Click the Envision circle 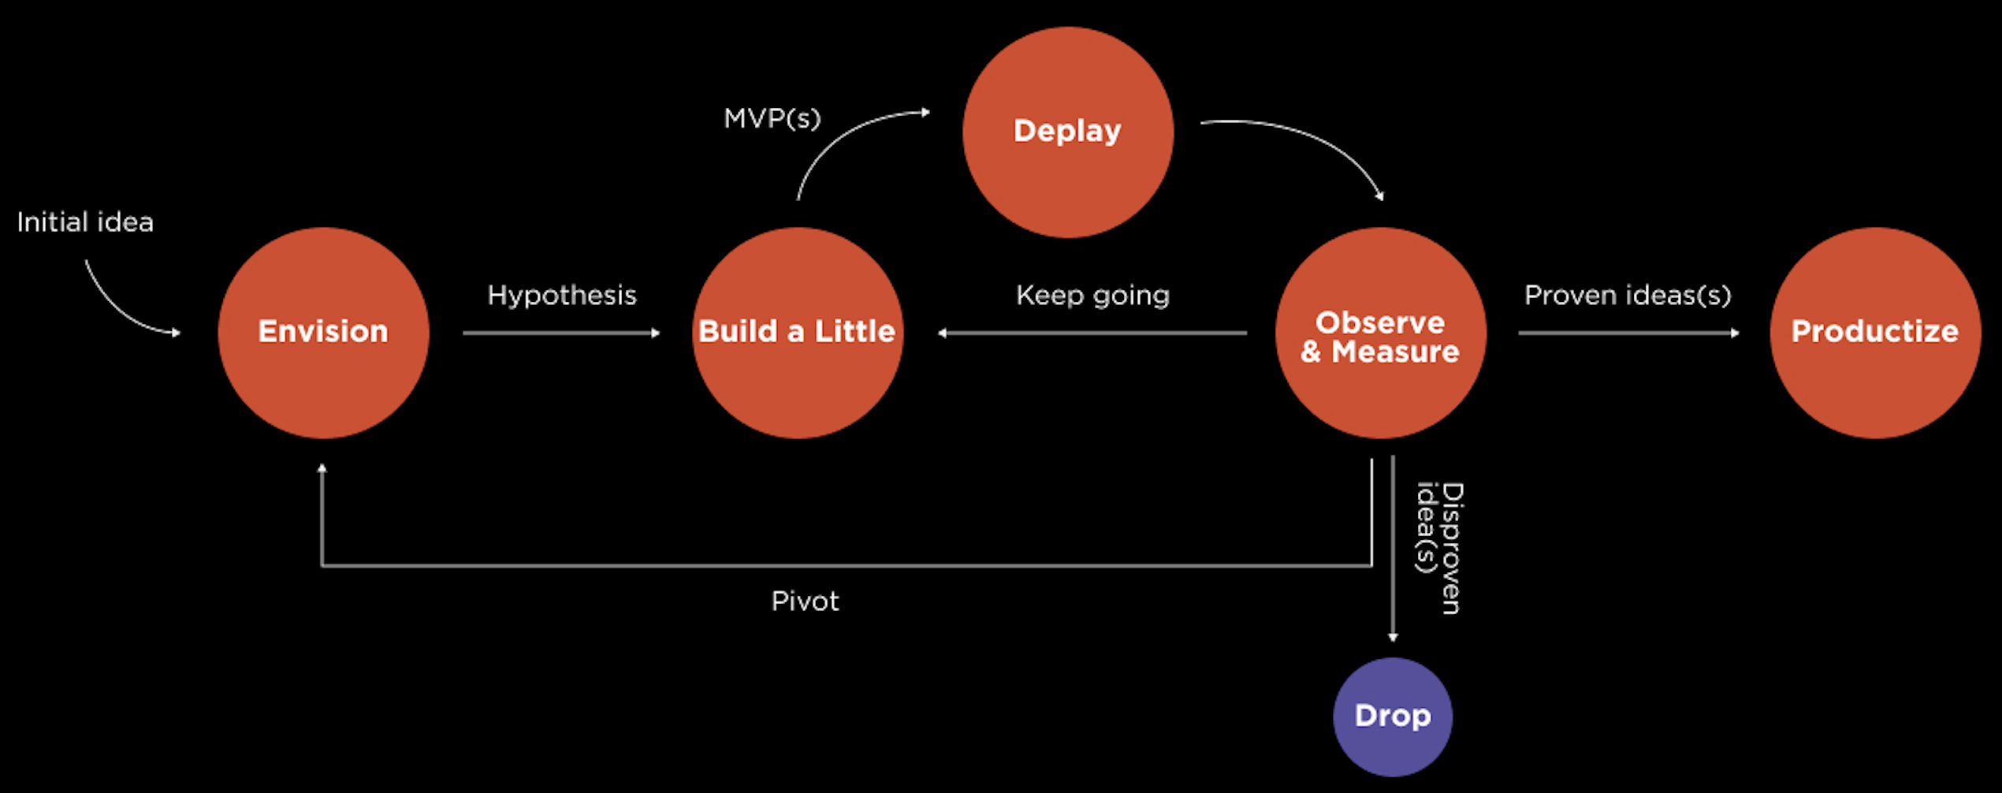(323, 333)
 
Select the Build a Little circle (797, 333)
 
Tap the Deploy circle (1067, 132)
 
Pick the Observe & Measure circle (1380, 333)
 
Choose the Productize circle (1874, 333)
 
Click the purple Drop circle (1392, 717)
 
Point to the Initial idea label (85, 222)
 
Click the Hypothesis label (561, 296)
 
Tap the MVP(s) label (772, 119)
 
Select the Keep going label (1092, 296)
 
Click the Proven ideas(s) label (1628, 296)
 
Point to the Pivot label (805, 601)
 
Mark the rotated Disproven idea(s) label (1439, 548)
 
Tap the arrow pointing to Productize (1628, 333)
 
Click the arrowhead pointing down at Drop (1393, 636)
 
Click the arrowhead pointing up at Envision (322, 469)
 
